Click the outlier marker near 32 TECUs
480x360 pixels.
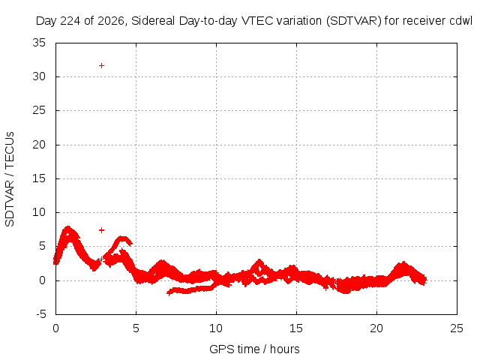(102, 65)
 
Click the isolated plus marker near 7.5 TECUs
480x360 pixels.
(102, 230)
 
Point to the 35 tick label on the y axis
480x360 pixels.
(39, 43)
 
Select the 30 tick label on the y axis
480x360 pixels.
(39, 76)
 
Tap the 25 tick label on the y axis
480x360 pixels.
(39, 110)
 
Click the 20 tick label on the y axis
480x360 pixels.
(39, 145)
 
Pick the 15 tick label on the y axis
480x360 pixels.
(39, 178)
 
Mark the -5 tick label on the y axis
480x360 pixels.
(41, 314)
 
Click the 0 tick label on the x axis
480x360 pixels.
(55, 328)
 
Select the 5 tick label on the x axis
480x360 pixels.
(136, 328)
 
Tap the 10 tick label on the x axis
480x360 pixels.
(216, 328)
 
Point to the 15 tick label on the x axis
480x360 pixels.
(296, 328)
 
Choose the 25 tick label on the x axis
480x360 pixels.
(457, 328)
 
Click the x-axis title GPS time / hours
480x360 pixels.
(254, 349)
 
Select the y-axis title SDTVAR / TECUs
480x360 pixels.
(10, 179)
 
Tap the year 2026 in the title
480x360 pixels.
(111, 21)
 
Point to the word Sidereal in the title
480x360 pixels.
(153, 21)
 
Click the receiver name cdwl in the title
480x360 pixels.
(461, 21)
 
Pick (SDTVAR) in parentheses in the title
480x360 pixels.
(354, 21)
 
